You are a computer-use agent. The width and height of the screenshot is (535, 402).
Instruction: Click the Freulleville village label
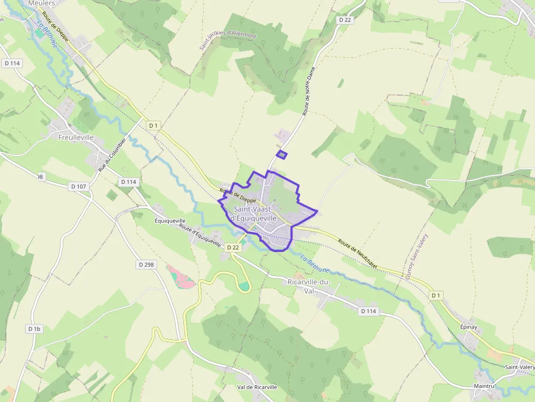(76, 138)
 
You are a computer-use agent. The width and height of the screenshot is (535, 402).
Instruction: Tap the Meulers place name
(41, 3)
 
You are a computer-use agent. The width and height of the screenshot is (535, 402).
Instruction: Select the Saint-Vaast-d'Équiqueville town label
(262, 214)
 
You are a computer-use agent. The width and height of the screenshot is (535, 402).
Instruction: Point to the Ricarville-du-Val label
(309, 286)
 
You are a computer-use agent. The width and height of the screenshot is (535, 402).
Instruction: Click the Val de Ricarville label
(257, 387)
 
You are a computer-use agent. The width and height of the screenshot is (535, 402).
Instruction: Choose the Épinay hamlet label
(468, 327)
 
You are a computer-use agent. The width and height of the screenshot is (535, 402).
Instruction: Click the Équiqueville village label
(170, 221)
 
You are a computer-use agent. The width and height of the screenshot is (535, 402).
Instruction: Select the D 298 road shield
(146, 265)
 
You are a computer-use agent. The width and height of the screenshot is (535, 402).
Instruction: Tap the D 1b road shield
(34, 329)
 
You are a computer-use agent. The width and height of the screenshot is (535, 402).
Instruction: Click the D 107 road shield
(79, 187)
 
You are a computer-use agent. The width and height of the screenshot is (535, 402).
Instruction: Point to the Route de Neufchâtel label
(358, 254)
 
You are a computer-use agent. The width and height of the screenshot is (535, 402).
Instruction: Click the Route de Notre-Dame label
(310, 95)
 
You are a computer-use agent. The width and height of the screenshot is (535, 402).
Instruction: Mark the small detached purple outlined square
(281, 155)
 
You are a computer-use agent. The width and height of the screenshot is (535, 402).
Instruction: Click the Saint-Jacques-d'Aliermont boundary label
(228, 41)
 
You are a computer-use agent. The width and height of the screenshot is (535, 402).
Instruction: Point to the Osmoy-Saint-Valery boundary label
(417, 257)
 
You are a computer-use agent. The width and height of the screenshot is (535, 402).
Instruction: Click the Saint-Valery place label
(519, 367)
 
